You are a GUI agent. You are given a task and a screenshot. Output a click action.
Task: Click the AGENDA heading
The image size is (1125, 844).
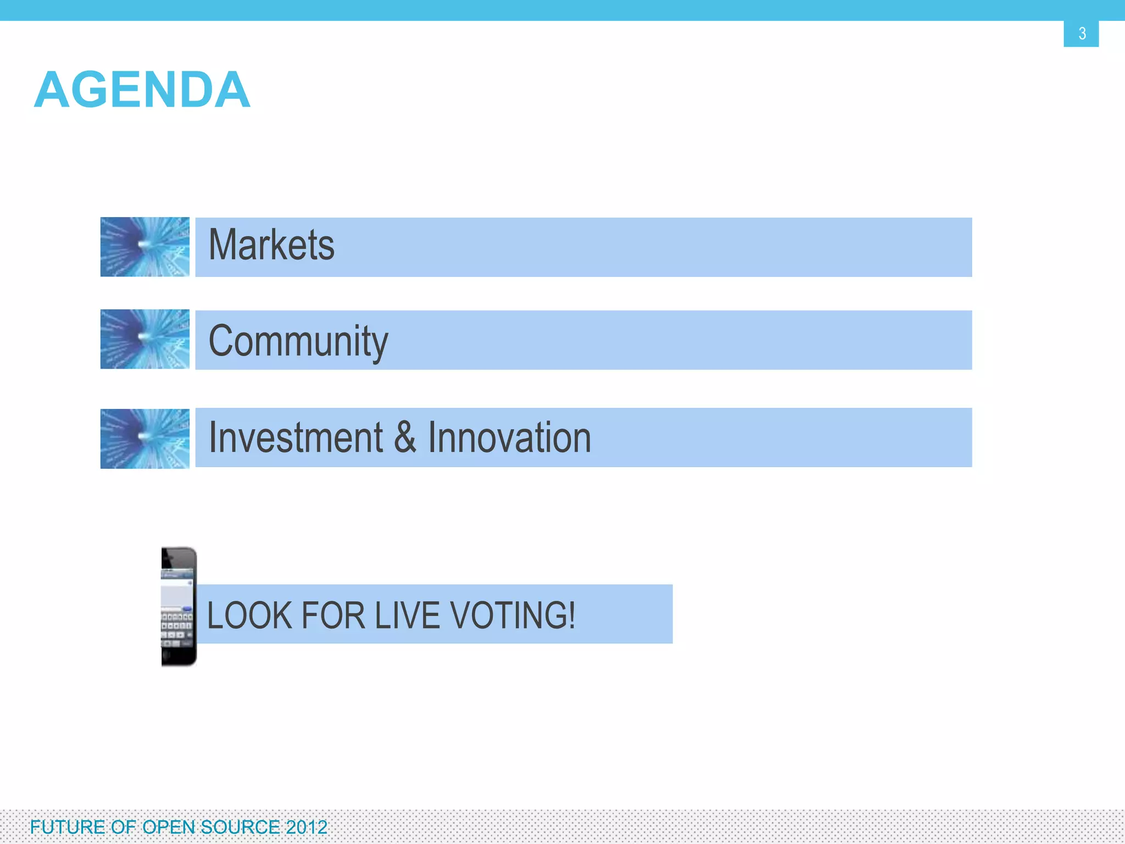pyautogui.click(x=142, y=90)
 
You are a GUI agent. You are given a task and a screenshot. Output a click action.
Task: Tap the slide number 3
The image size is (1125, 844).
pyautogui.click(x=1082, y=34)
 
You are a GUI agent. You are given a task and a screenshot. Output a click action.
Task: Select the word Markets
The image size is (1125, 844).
pyautogui.click(x=271, y=245)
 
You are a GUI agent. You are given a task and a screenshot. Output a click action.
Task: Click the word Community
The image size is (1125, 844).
pyautogui.click(x=298, y=341)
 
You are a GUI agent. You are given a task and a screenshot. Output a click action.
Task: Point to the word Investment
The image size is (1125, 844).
pyautogui.click(x=296, y=437)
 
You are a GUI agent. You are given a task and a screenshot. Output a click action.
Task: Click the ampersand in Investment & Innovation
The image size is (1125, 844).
pyautogui.click(x=405, y=437)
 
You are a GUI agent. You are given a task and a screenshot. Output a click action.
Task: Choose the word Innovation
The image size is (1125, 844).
pyautogui.click(x=509, y=437)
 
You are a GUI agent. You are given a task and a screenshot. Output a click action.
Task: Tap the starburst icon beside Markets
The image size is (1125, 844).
pyautogui.click(x=145, y=247)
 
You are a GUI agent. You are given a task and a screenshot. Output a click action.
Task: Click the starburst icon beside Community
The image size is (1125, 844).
pyautogui.click(x=145, y=339)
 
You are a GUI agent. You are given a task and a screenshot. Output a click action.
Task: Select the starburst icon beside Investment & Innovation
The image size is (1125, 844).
pyautogui.click(x=145, y=438)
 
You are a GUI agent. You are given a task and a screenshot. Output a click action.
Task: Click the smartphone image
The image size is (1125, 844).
pyautogui.click(x=179, y=606)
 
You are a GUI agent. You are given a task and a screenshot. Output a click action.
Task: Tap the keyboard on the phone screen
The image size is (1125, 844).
pyautogui.click(x=176, y=626)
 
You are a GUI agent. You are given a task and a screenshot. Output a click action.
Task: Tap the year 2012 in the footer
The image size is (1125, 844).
pyautogui.click(x=307, y=827)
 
